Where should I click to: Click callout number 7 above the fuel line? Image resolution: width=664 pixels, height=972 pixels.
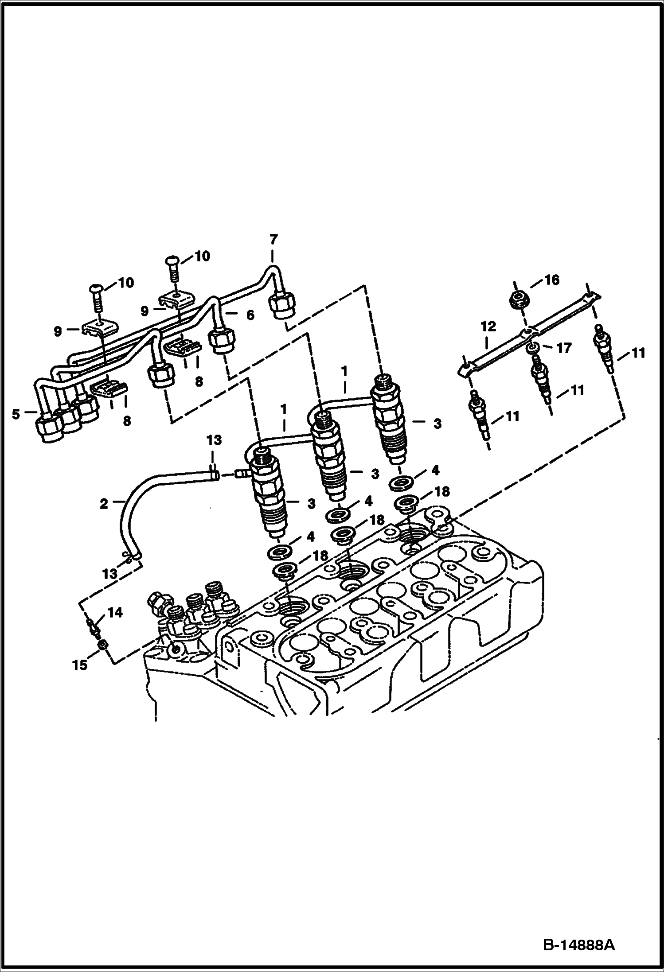point(273,240)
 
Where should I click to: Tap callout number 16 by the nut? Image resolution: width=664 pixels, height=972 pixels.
point(552,280)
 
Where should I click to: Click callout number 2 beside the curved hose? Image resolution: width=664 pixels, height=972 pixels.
point(104,504)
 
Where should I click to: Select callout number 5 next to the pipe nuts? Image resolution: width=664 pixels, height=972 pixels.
point(16,415)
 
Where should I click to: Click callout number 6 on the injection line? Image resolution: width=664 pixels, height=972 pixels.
point(250,315)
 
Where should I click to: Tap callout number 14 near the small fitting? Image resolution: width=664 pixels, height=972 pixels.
point(116,613)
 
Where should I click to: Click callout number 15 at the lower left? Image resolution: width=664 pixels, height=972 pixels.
point(80,665)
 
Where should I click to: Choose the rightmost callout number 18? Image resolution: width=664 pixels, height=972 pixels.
point(442,491)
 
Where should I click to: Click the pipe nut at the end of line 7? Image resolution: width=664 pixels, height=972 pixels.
point(281,305)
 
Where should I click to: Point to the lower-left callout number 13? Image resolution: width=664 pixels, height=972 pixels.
point(109,574)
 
